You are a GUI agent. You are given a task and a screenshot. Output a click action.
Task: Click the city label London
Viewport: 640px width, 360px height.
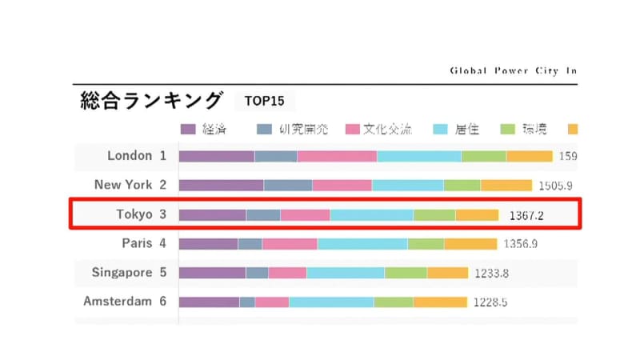click(129, 156)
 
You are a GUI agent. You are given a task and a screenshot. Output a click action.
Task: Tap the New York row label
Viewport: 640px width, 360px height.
click(123, 185)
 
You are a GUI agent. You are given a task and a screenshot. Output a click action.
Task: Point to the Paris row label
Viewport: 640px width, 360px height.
click(133, 243)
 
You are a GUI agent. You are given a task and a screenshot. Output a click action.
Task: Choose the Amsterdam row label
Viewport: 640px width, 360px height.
click(117, 302)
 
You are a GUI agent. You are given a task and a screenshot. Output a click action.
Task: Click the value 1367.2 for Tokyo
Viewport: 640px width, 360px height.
click(526, 215)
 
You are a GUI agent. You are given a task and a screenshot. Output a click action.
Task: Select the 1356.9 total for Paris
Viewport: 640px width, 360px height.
click(520, 244)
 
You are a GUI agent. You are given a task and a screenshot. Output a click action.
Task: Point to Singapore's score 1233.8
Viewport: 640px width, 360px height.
click(491, 273)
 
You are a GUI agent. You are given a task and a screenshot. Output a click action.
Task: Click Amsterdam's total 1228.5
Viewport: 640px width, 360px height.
click(490, 302)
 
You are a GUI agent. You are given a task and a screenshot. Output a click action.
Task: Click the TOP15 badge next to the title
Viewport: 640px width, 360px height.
click(265, 102)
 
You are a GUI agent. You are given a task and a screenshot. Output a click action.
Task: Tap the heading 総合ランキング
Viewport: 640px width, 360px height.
click(150, 101)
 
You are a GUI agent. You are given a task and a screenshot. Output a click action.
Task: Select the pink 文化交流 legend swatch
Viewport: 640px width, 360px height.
click(353, 129)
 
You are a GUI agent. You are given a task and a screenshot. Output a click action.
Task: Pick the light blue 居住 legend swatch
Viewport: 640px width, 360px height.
click(442, 129)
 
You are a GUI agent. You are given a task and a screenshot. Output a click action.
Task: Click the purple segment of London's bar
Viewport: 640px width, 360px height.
click(216, 156)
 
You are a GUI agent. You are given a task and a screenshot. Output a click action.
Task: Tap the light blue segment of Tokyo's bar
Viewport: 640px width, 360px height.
click(371, 214)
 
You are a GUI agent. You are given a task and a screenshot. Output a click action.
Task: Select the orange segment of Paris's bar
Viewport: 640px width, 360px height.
click(470, 243)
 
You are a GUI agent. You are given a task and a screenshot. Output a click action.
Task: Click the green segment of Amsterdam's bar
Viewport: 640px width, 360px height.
click(393, 302)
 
